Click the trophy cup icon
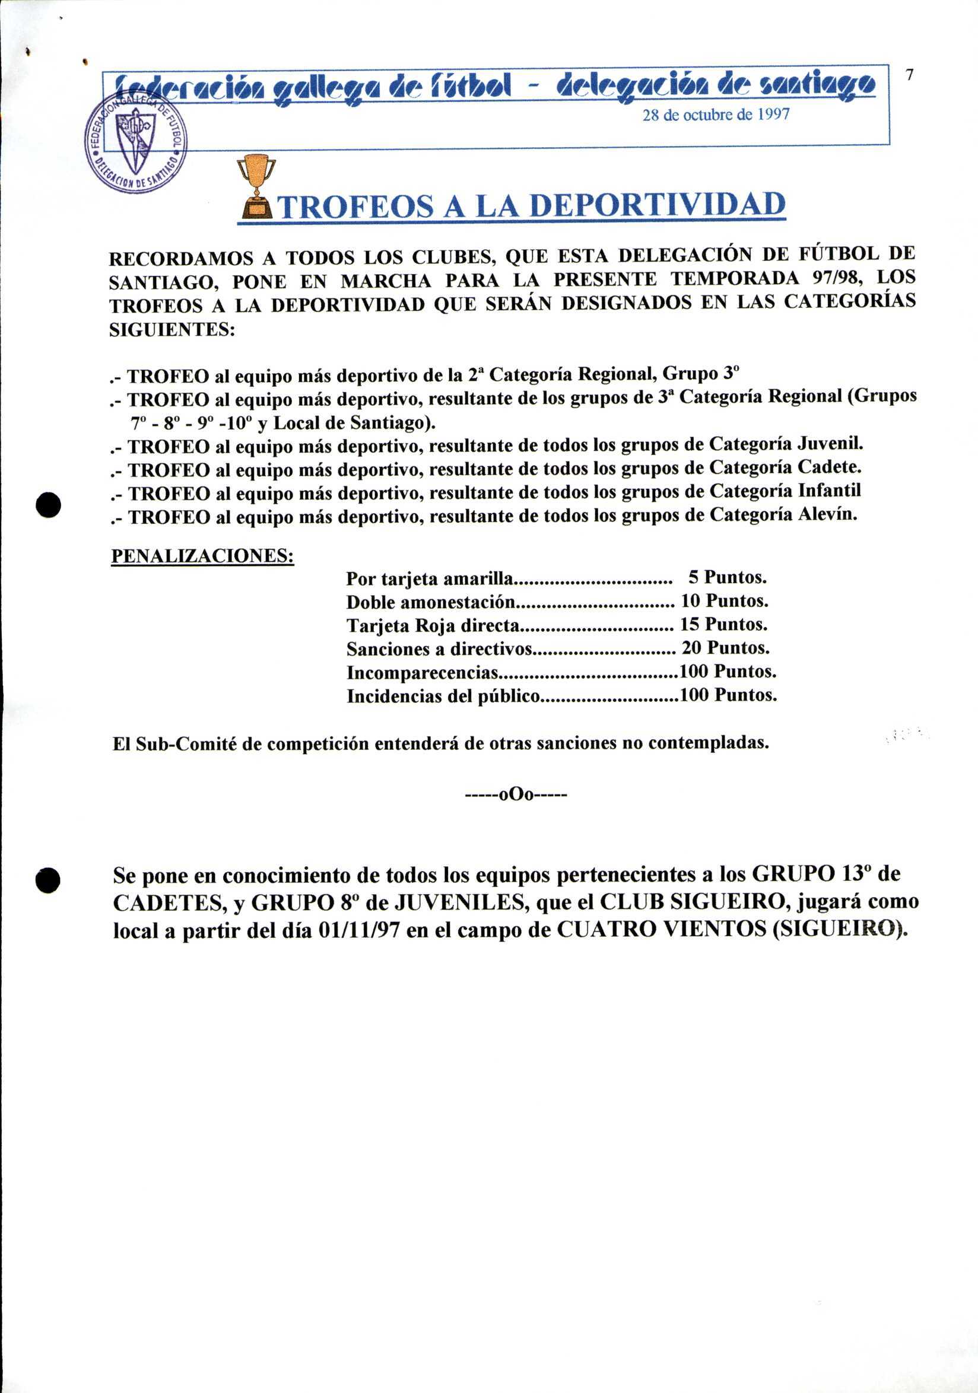pyautogui.click(x=256, y=186)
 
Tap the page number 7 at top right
pyautogui.click(x=909, y=75)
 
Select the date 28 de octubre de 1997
pyautogui.click(x=716, y=115)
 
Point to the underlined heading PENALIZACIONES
pyautogui.click(x=202, y=556)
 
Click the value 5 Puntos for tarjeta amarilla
pyautogui.click(x=727, y=577)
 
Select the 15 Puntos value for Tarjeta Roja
pyautogui.click(x=725, y=624)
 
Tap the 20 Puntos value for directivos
pyautogui.click(x=726, y=648)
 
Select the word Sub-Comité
pyautogui.click(x=185, y=744)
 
